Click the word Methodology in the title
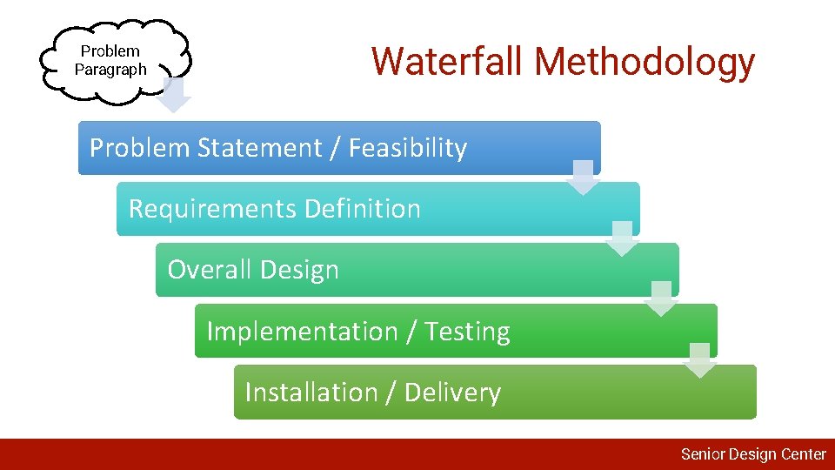645,62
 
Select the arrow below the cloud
175,96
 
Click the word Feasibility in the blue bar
408,148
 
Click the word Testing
467,332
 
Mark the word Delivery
452,393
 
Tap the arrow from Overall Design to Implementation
661,299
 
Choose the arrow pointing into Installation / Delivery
700,359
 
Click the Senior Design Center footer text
752,453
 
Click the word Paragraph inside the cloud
110,70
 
